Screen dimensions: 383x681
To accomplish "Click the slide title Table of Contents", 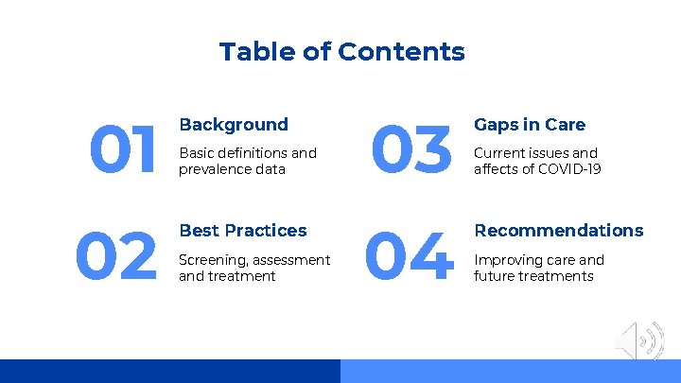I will coord(341,51).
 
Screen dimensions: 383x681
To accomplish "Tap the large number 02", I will coord(116,258).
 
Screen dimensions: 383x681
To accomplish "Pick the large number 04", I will coord(410,258).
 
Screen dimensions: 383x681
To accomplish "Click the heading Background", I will coord(234,125).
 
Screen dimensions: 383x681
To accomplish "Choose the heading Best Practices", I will coord(243,231).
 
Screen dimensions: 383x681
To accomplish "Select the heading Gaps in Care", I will coord(530,125).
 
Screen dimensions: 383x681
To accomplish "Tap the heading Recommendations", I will coord(558,231).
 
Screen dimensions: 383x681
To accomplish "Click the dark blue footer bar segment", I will coord(170,371).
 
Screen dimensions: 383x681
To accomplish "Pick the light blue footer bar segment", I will coord(511,371).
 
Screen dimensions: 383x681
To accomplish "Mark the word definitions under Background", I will coord(252,153).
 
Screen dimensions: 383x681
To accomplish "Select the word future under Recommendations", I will coord(495,276).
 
